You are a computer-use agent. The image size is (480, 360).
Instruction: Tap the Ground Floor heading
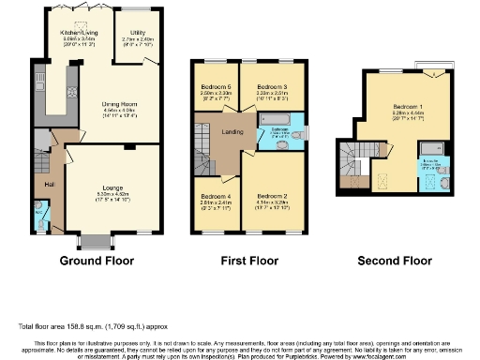point(97,260)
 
